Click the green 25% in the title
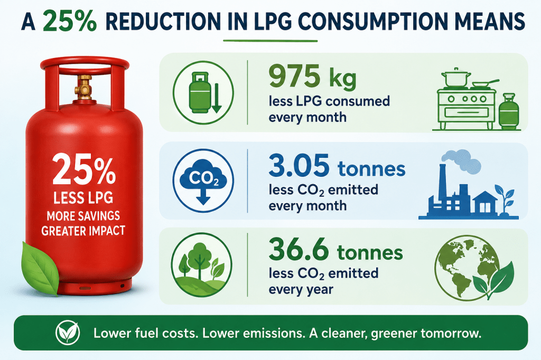click(70, 22)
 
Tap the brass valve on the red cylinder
click(84, 87)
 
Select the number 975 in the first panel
click(294, 76)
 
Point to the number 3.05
click(299, 165)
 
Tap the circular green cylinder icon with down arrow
click(203, 92)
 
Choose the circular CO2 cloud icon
click(203, 181)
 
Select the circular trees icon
click(202, 265)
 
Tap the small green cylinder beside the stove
click(509, 111)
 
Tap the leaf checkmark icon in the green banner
click(68, 333)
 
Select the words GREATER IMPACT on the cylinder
click(83, 230)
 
